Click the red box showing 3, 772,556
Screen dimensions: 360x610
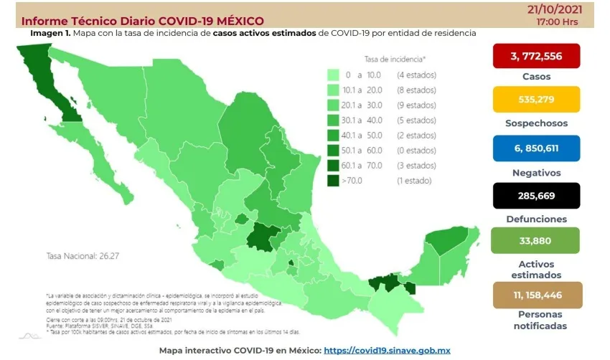coord(537,57)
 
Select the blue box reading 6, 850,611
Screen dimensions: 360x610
coord(537,148)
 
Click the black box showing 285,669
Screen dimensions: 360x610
coord(537,195)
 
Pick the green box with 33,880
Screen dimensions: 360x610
coord(537,241)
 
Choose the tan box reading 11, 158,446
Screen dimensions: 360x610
coord(537,294)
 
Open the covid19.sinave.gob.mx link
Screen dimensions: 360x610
coord(387,351)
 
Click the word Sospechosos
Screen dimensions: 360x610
coord(536,123)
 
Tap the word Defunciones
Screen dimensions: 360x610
coord(536,219)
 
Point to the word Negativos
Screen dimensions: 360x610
coord(536,172)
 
